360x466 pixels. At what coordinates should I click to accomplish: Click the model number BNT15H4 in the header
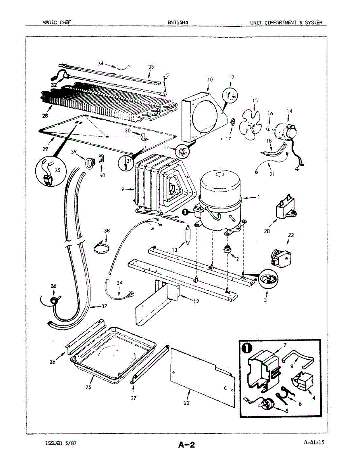178,23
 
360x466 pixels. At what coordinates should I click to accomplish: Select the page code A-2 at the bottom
186,445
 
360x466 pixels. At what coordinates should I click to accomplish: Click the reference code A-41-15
314,442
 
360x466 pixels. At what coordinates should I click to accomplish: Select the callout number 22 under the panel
186,403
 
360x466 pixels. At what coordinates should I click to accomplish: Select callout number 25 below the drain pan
89,388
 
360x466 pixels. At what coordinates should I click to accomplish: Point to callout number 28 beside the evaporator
45,115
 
